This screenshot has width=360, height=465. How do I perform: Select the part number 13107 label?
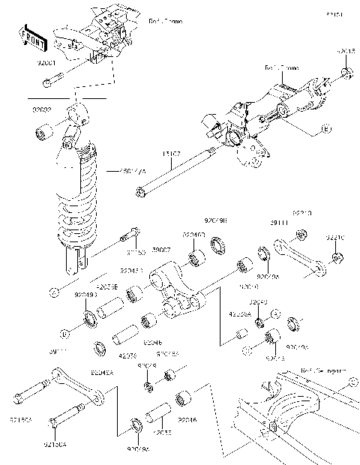[171, 154]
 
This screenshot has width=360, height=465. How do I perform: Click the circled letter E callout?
[326, 130]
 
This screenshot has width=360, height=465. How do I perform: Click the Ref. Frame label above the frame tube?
[280, 67]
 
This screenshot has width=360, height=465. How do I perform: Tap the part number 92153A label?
[22, 421]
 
